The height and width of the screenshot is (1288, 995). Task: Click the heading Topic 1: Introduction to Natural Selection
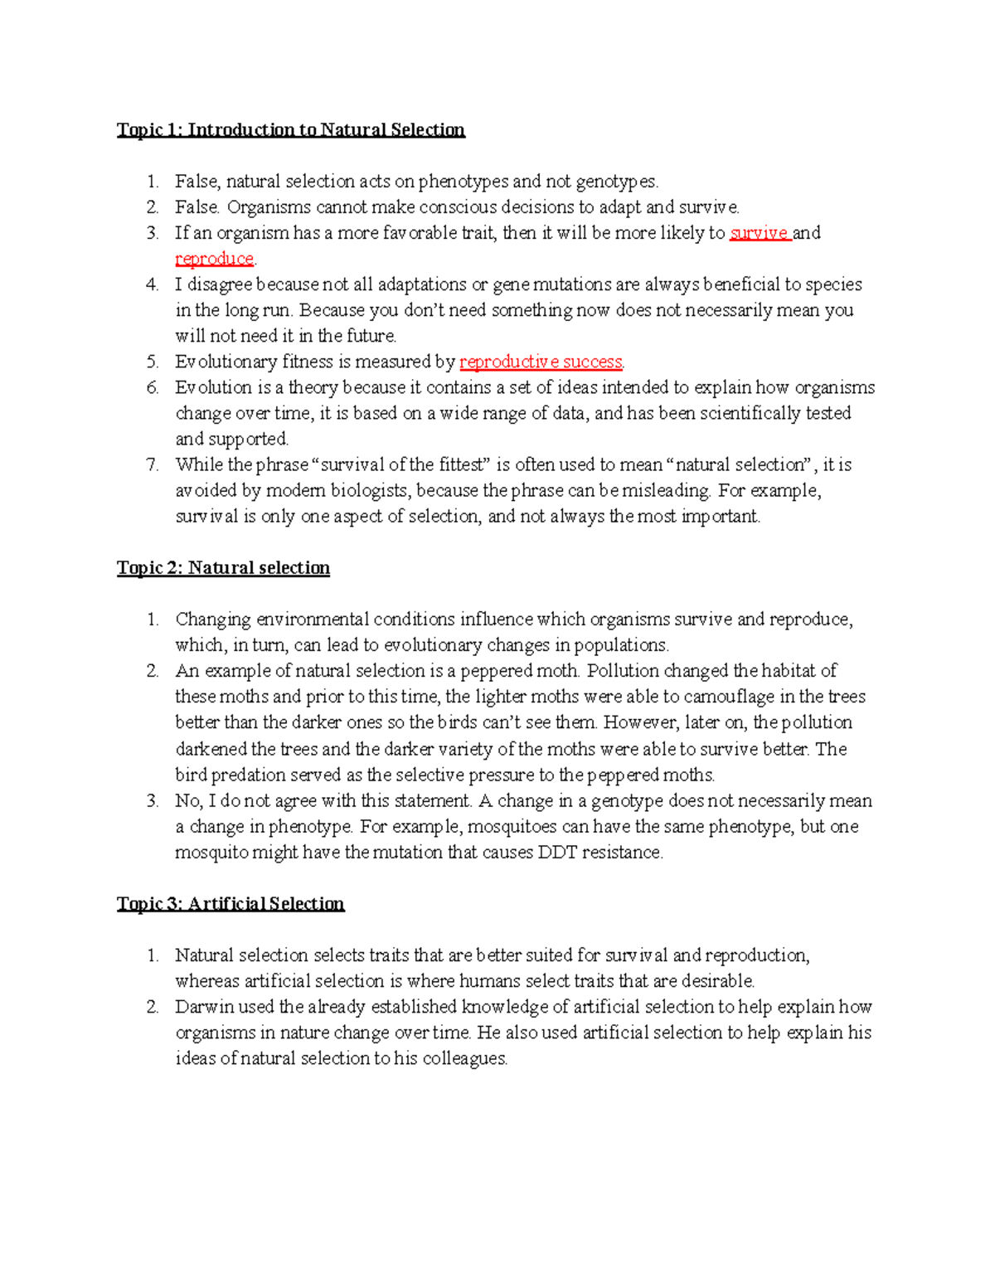(x=290, y=130)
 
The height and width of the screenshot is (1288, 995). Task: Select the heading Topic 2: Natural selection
(x=223, y=568)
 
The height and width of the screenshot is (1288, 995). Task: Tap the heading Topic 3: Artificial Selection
(x=231, y=904)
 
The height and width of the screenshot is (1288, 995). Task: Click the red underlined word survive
(x=759, y=233)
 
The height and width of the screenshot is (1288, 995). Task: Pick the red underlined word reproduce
(x=214, y=259)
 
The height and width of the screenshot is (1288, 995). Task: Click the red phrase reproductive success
(x=541, y=362)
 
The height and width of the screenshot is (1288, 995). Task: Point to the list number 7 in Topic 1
(x=153, y=464)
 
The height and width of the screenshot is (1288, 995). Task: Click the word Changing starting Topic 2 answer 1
(x=212, y=620)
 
